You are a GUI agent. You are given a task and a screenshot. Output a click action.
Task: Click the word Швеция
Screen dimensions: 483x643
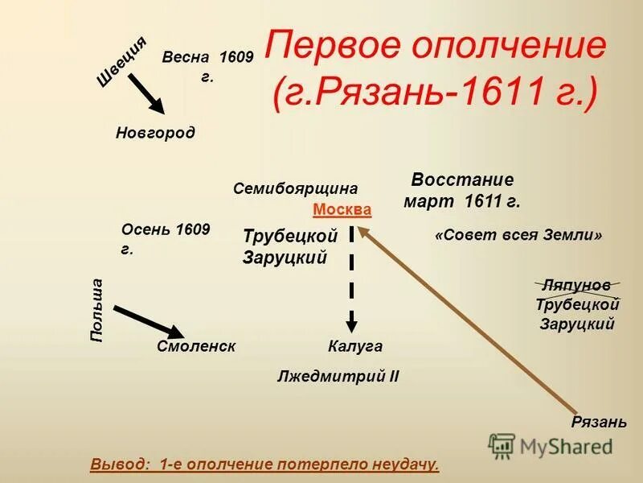point(121,61)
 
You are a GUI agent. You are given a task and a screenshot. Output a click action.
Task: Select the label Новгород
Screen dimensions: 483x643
point(155,132)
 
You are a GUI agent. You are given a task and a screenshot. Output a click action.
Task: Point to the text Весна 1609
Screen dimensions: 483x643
point(207,57)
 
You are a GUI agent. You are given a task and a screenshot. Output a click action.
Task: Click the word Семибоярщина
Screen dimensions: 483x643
point(295,188)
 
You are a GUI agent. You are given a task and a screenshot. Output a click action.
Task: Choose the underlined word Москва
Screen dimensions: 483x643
point(342,210)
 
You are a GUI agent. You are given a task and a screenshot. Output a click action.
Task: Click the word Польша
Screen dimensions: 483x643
point(96,310)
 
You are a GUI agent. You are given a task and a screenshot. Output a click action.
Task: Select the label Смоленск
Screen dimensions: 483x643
point(197,346)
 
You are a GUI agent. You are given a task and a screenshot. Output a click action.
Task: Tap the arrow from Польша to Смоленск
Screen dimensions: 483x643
point(149,320)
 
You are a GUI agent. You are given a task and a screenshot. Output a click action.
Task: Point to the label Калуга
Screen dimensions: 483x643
point(355,346)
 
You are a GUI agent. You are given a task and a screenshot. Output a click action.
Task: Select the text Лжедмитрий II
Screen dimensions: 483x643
point(338,376)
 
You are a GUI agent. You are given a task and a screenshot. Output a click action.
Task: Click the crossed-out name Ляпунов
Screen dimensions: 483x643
point(575,286)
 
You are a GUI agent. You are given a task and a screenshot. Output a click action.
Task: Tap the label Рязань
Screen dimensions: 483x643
point(599,423)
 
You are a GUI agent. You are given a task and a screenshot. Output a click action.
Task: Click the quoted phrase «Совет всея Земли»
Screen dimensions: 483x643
point(518,236)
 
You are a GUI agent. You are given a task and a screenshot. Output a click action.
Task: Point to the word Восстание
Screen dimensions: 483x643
point(462,180)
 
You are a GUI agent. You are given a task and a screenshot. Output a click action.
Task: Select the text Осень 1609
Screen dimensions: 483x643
point(166,230)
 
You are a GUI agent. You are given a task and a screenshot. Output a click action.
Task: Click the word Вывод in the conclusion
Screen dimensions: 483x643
point(120,464)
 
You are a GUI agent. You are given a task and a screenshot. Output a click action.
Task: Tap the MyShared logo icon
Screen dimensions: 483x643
point(502,445)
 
